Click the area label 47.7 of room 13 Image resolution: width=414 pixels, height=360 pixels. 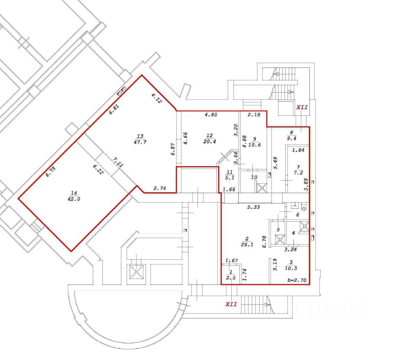pos(140,142)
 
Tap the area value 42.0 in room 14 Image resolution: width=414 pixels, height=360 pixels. pos(74,199)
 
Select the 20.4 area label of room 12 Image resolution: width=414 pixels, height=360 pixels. pos(210,142)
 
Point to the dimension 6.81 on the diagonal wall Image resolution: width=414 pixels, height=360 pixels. pos(115,109)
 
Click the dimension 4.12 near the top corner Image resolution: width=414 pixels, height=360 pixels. pos(156,98)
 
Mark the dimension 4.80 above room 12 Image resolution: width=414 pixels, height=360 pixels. pos(211,115)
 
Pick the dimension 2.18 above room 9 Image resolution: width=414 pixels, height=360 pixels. pos(254,115)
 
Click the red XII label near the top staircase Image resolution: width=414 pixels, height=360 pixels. pos(302,107)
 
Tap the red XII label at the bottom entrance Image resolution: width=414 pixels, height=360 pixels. pos(231,304)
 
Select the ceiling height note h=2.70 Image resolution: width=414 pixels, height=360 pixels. pos(297,280)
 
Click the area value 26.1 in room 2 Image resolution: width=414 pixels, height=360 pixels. pos(247,245)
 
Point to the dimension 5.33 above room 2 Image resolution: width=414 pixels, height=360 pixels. pos(254,207)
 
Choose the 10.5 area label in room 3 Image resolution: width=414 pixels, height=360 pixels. pos(291,268)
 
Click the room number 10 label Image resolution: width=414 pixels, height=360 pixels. pos(254,177)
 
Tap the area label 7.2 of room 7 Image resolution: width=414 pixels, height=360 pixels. pos(298,173)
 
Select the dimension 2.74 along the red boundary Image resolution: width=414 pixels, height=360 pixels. pos(160,188)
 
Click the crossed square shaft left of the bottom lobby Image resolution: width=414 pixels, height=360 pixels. pos(136,271)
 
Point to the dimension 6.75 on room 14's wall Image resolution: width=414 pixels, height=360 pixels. pos(51,172)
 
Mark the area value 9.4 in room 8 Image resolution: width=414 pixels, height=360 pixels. pos(292,138)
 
